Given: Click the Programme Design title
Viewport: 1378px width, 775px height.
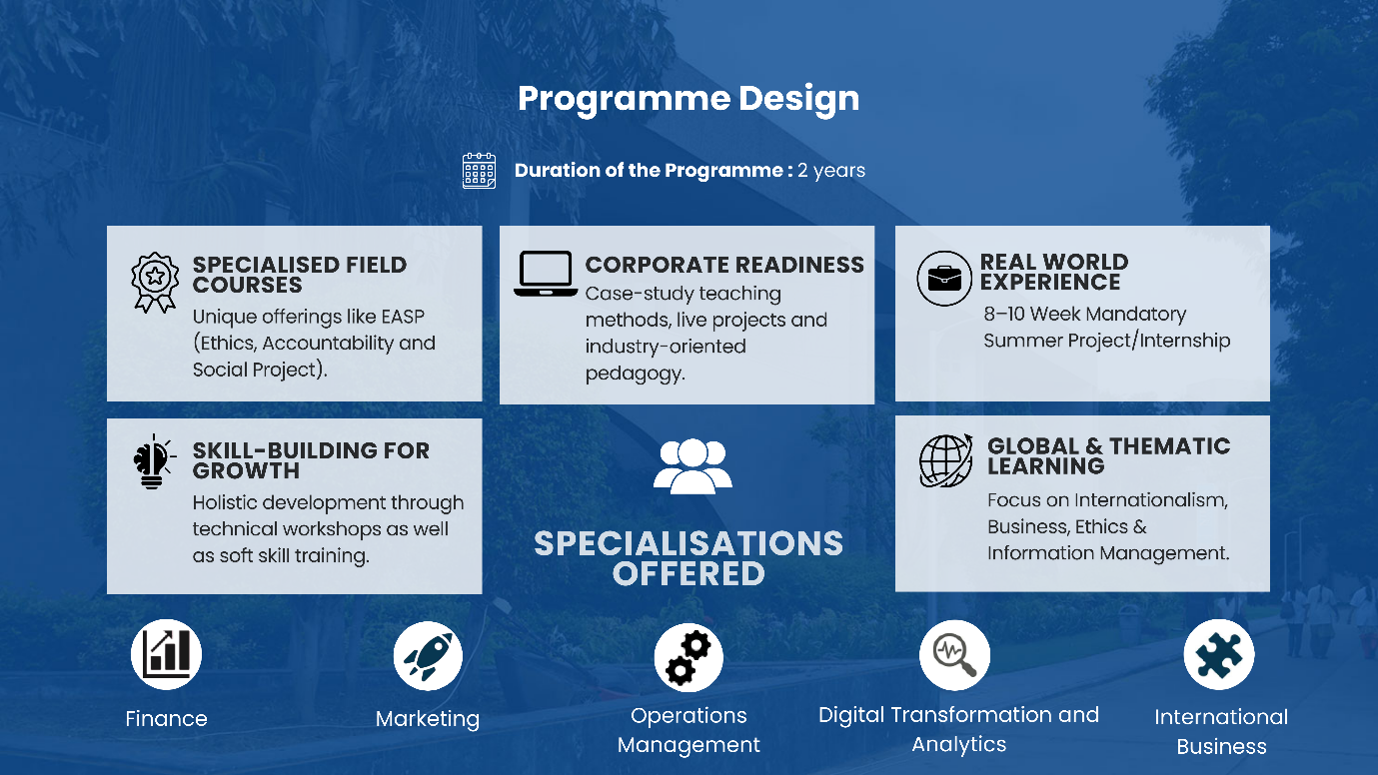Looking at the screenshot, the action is pyautogui.click(x=689, y=99).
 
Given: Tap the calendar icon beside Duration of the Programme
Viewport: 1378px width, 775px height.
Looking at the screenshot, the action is pyautogui.click(x=479, y=170).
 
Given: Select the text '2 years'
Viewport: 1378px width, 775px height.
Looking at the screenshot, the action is pyautogui.click(x=831, y=170).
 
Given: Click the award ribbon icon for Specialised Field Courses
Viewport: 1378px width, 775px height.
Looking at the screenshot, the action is pyautogui.click(x=155, y=282).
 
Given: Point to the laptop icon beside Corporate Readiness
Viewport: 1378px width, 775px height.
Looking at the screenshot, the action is pyautogui.click(x=545, y=274).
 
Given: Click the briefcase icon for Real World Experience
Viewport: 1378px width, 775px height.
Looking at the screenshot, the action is pyautogui.click(x=944, y=279).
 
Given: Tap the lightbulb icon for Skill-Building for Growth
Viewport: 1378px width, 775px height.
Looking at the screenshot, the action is pyautogui.click(x=153, y=461).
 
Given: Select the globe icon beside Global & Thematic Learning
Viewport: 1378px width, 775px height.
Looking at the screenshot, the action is pyautogui.click(x=946, y=460).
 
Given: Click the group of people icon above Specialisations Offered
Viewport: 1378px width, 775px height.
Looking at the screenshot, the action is pyautogui.click(x=692, y=465).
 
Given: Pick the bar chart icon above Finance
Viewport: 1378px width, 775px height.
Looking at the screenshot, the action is pyautogui.click(x=166, y=654).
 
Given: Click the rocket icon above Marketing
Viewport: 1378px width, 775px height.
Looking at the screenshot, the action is pyautogui.click(x=428, y=655).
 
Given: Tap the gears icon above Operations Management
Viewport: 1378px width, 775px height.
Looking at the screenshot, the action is pyautogui.click(x=689, y=657).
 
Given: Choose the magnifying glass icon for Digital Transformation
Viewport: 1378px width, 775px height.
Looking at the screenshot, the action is pyautogui.click(x=954, y=655).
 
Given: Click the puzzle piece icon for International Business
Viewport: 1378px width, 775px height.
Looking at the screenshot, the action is pyautogui.click(x=1219, y=654).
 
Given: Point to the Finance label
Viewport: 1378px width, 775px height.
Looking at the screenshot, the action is pyautogui.click(x=166, y=718).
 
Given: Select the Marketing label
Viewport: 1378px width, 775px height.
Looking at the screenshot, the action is pyautogui.click(x=428, y=719).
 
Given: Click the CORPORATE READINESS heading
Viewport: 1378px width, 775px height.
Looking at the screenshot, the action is pyautogui.click(x=724, y=265).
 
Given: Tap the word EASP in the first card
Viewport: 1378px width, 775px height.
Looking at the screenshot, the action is pyautogui.click(x=403, y=317).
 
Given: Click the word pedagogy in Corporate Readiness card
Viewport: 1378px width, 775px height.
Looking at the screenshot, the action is pyautogui.click(x=635, y=374).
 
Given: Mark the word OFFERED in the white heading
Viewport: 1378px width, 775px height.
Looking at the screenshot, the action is pyautogui.click(x=689, y=574).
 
